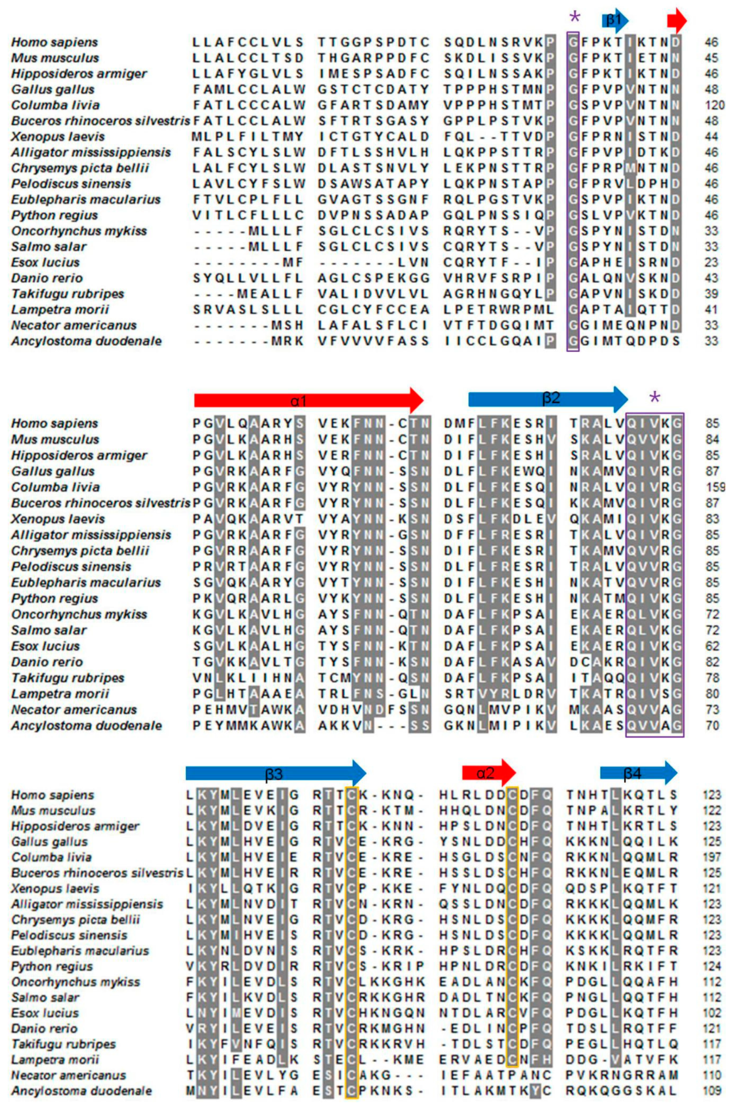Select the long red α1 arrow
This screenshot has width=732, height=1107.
(308, 400)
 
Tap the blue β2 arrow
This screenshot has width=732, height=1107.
(548, 399)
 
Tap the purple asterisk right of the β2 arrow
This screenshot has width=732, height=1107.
(655, 398)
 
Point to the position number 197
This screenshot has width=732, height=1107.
(712, 858)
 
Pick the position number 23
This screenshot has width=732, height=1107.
(711, 262)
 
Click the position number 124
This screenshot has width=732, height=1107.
(712, 966)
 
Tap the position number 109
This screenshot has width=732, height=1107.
(712, 1091)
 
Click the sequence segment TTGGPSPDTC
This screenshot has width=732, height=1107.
(374, 42)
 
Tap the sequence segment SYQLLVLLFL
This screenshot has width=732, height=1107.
(248, 278)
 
